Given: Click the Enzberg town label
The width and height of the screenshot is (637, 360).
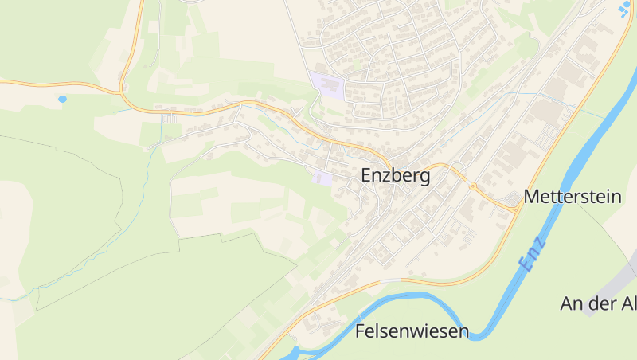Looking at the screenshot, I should pyautogui.click(x=396, y=176).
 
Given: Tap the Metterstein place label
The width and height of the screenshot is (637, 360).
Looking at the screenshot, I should pyautogui.click(x=573, y=197).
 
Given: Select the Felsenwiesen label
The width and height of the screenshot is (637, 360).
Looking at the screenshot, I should pyautogui.click(x=412, y=331).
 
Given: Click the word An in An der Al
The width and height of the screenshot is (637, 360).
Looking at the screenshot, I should pyautogui.click(x=573, y=303).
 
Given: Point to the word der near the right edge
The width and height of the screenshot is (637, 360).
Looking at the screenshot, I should pyautogui.click(x=605, y=303).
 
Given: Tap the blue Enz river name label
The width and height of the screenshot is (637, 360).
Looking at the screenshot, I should pyautogui.click(x=532, y=253).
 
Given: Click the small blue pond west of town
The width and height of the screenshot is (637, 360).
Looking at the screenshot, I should pyautogui.click(x=62, y=100).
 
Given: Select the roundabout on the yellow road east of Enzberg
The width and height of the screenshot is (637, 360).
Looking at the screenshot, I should pyautogui.click(x=472, y=186).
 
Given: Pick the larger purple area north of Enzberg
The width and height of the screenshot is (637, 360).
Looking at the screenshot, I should pyautogui.click(x=326, y=84).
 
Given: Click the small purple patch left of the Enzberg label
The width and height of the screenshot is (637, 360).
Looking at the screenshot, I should pyautogui.click(x=322, y=178).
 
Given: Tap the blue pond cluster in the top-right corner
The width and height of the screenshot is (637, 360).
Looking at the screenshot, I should pyautogui.click(x=624, y=9).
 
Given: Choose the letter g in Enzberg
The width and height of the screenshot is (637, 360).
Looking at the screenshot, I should pyautogui.click(x=424, y=178).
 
